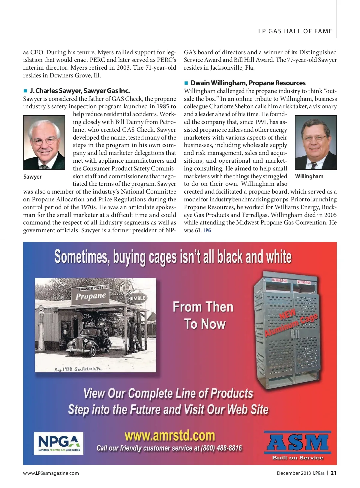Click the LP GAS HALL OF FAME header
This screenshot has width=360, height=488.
tap(295, 31)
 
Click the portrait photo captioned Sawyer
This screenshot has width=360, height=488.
tap(44, 143)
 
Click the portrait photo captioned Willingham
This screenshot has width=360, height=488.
tap(316, 143)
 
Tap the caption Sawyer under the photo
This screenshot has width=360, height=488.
tap(32, 177)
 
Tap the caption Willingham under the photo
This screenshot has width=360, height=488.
tap(309, 176)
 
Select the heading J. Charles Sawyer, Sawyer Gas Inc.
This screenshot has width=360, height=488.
tap(79, 91)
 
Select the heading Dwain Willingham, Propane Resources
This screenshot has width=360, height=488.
tap(248, 83)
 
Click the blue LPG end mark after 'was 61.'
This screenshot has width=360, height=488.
tap(207, 230)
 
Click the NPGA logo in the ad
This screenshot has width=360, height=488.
tap(59, 443)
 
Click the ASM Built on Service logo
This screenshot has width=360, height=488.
tap(298, 446)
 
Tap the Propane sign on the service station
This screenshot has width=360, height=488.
tap(91, 296)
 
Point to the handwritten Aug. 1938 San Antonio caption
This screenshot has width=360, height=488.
tap(78, 369)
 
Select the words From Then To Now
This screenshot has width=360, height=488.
tap(203, 315)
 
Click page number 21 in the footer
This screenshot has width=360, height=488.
tap(333, 473)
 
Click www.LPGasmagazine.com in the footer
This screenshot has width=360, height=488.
tap(51, 473)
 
